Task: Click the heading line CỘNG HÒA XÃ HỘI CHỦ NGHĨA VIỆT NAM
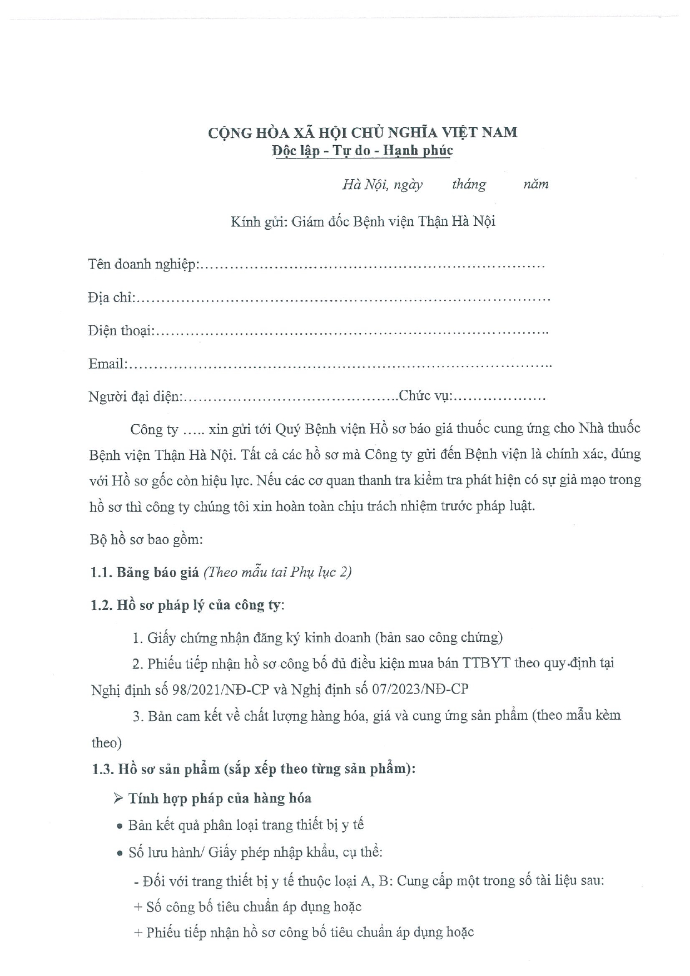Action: [x=362, y=132]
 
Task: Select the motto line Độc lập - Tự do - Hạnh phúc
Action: [x=362, y=150]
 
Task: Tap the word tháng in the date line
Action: [x=469, y=184]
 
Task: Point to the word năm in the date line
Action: [x=535, y=184]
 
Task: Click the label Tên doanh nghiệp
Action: [x=142, y=265]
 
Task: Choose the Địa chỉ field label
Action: [x=111, y=298]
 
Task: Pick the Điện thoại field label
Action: [x=120, y=331]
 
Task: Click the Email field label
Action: [x=107, y=364]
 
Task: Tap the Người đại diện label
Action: [x=135, y=397]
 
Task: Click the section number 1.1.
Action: [x=101, y=572]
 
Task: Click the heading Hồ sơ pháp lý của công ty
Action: [x=200, y=605]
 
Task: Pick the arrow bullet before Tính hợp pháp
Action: [x=118, y=799]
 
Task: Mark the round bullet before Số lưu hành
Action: [x=120, y=854]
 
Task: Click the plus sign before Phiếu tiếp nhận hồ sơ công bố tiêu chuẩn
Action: [x=138, y=933]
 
